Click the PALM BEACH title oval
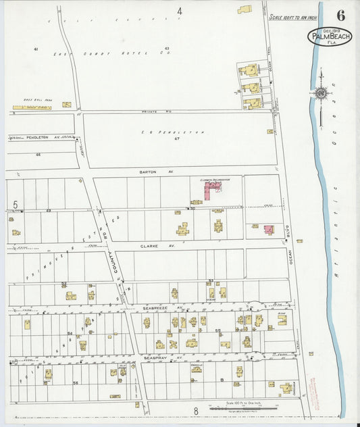tap(329, 36)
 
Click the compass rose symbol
tap(321, 93)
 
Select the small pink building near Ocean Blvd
tap(269, 230)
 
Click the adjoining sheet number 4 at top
tap(180, 11)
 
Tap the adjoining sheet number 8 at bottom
tap(196, 410)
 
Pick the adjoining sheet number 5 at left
tap(15, 204)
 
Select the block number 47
tap(176, 139)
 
